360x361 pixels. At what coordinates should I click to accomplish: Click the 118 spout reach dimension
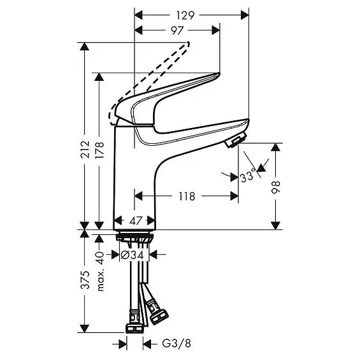186,196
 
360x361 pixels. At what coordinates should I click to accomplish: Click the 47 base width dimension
134,221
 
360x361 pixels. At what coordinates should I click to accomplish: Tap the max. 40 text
100,271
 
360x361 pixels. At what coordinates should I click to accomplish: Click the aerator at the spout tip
237,140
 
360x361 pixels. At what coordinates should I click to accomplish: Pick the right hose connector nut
157,310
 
